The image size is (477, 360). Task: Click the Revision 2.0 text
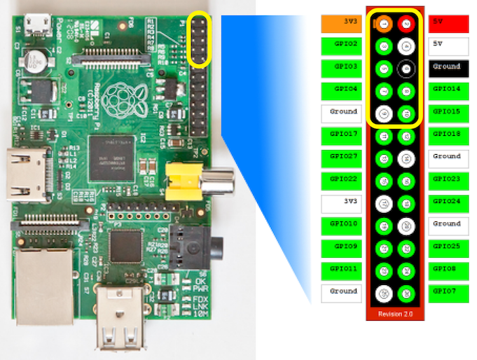tap(394, 313)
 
